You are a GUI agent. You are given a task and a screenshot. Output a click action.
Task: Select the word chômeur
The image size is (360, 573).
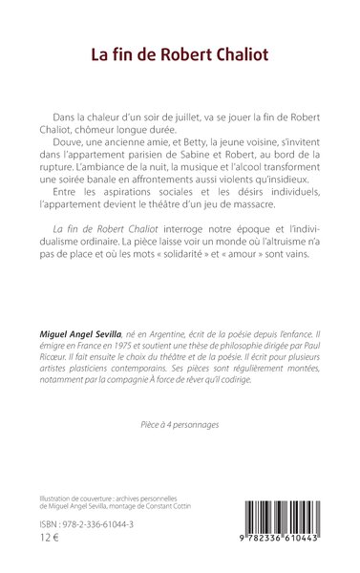point(102,129)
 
